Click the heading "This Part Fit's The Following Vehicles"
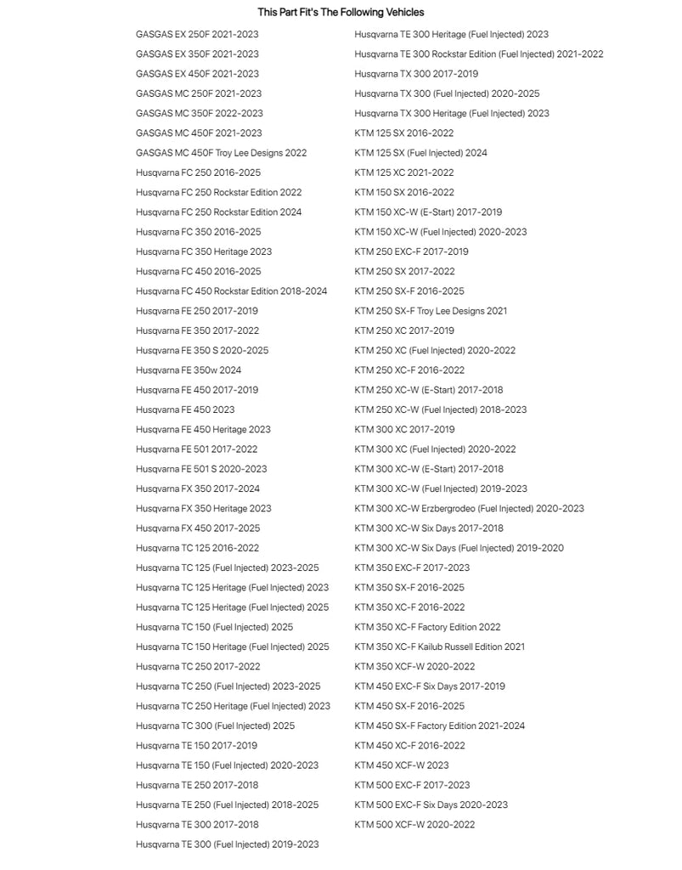(x=341, y=13)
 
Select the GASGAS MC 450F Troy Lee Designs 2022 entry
(x=221, y=153)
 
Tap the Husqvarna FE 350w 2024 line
(x=189, y=370)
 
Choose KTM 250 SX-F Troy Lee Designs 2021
(x=431, y=311)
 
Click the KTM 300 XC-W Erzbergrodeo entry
(x=469, y=509)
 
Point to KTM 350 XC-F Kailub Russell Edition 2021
(x=439, y=647)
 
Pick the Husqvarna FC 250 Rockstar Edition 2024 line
(x=218, y=212)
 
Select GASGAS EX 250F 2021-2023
(x=197, y=35)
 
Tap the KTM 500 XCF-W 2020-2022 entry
(x=414, y=825)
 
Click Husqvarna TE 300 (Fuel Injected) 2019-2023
(x=227, y=845)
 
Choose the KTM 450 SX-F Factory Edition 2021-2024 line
(x=439, y=726)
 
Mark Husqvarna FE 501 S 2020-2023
(x=201, y=469)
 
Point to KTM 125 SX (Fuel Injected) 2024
(x=420, y=153)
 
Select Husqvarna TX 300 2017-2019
(x=416, y=74)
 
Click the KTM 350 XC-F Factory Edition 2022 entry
(x=427, y=627)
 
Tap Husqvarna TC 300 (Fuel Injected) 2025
(x=215, y=726)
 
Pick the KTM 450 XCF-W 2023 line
(x=402, y=765)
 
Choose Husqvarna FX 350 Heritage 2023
(x=204, y=509)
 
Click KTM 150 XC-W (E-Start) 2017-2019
(x=428, y=212)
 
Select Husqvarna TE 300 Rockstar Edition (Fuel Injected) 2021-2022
(x=479, y=54)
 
